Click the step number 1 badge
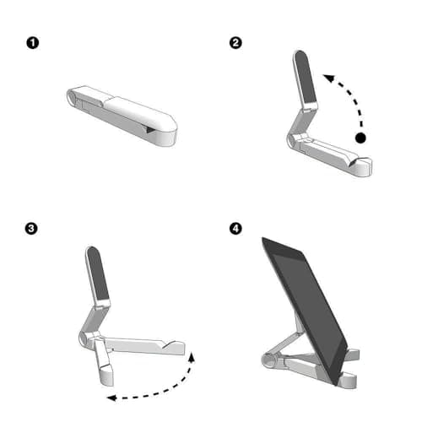(32, 42)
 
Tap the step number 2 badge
(235, 42)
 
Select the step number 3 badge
(32, 229)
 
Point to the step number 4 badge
(235, 229)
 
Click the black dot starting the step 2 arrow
(361, 138)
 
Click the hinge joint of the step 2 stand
(289, 138)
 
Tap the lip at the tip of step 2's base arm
(364, 166)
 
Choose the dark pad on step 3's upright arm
(100, 278)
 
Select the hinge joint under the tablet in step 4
(270, 362)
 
